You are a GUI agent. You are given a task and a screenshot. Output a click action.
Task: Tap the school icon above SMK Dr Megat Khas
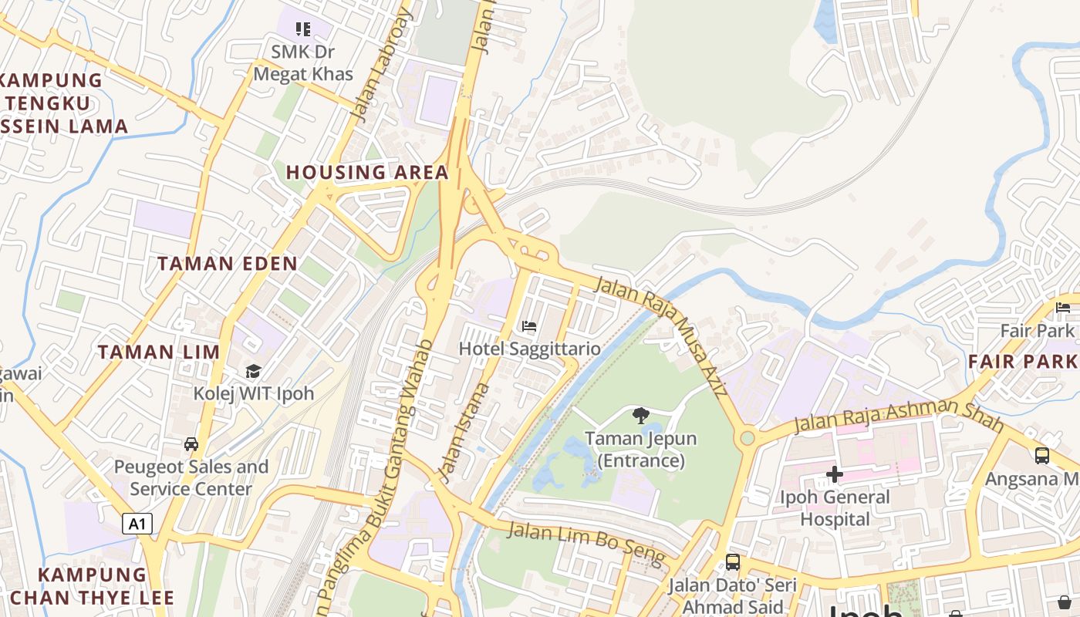[303, 29]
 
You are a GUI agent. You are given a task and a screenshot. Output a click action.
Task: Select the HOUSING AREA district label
[367, 172]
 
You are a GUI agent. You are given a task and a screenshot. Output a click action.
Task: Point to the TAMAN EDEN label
[228, 264]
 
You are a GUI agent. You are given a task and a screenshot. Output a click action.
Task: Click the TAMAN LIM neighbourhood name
[159, 352]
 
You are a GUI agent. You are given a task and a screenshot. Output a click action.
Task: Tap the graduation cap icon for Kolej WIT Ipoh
[253, 372]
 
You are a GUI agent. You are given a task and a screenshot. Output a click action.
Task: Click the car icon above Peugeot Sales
[191, 444]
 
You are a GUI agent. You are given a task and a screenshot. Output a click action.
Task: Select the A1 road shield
[137, 524]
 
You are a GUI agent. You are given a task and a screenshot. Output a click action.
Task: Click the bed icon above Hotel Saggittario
[529, 326]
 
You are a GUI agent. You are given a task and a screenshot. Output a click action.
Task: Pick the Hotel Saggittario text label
[529, 349]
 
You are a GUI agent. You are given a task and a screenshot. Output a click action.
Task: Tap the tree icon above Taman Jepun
[640, 416]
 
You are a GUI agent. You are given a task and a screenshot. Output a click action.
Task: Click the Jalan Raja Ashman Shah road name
[899, 415]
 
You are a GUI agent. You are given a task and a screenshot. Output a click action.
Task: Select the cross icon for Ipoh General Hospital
[835, 474]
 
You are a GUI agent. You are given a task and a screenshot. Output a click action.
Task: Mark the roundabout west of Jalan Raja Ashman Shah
[747, 438]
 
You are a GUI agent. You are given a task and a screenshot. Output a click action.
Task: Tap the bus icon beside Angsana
[1042, 455]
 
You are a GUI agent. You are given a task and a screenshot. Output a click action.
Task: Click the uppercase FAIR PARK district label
[1022, 361]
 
